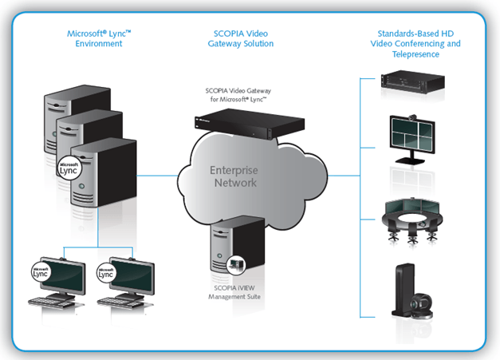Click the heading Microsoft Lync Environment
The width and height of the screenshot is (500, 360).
[x=95, y=38]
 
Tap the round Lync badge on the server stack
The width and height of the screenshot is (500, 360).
[x=69, y=169]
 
